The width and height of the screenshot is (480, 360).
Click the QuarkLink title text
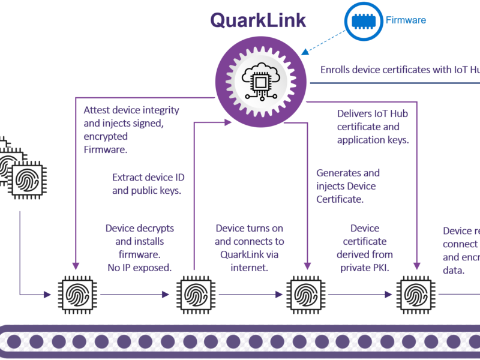point(258,19)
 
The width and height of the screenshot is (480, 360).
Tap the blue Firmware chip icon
point(365,20)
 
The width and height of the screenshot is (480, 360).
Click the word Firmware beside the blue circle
point(406,20)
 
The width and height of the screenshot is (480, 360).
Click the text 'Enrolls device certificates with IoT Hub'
point(400,70)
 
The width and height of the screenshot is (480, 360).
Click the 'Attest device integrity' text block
point(131,130)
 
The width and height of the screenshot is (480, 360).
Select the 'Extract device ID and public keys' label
point(147,184)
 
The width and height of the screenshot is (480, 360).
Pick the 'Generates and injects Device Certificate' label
point(348,186)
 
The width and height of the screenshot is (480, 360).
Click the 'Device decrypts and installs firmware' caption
point(140,241)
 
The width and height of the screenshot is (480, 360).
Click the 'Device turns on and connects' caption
point(250,248)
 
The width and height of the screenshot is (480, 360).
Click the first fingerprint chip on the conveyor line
point(76,295)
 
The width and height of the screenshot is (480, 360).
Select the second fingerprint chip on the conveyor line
point(195,295)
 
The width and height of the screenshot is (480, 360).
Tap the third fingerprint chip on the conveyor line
point(306,295)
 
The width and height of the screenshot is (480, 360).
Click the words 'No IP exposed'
point(140,268)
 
